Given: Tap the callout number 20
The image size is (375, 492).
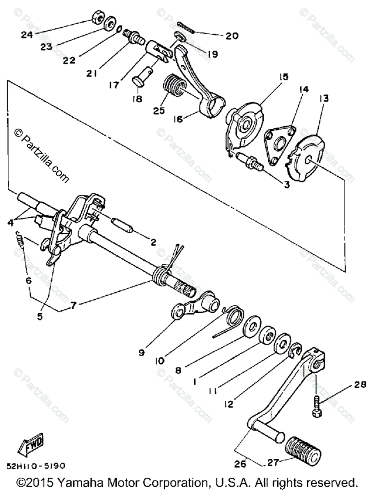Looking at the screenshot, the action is pos(232,36).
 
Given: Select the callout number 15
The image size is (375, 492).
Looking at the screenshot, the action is pos(284,77).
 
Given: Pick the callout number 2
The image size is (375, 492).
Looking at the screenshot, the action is pos(153,242).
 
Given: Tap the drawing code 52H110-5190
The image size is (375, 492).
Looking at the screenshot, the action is pos(36,466).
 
